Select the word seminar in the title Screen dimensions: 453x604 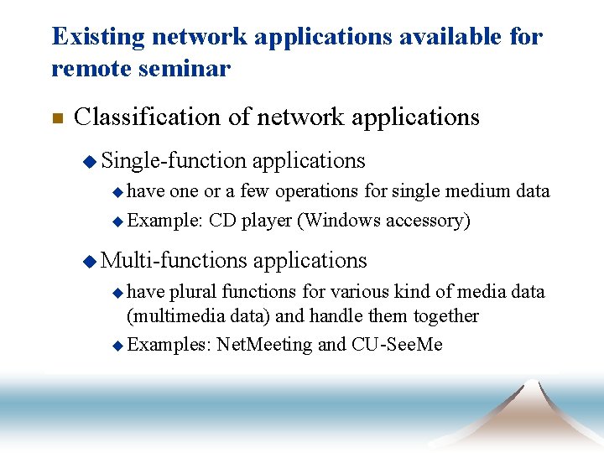[190, 69]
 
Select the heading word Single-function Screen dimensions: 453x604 [174, 160]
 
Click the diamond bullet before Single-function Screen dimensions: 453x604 [90, 161]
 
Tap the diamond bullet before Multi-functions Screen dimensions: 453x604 [90, 262]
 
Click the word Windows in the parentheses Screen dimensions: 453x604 [339, 221]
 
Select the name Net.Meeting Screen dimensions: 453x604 [264, 345]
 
